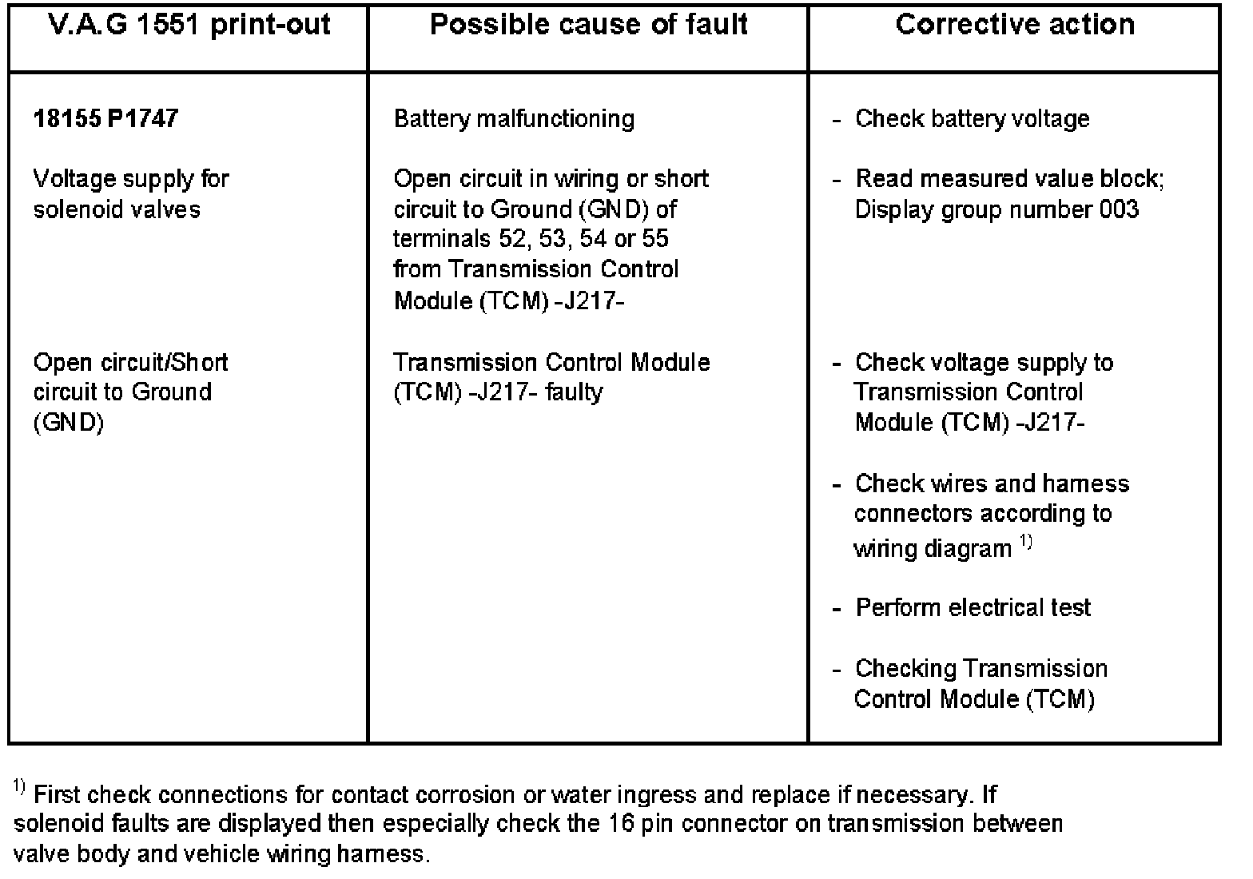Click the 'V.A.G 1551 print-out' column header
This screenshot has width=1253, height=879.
(189, 25)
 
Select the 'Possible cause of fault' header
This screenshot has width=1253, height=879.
(588, 25)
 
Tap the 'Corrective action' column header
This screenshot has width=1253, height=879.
(1015, 25)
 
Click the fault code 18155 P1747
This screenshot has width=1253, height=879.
(105, 119)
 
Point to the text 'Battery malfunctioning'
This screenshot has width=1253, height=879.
(514, 119)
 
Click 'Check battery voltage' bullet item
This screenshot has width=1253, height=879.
(972, 119)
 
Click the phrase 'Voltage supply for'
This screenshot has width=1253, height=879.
(131, 179)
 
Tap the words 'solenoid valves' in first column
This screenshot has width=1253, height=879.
(117, 209)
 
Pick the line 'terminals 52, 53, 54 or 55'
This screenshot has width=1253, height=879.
(531, 239)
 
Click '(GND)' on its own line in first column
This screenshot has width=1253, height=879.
(69, 423)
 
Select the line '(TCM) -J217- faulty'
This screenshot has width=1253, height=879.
(498, 392)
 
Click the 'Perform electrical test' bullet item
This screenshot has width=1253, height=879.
(973, 607)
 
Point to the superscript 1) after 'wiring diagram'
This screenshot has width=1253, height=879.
(1026, 544)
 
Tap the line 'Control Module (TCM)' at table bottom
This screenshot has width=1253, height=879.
(973, 699)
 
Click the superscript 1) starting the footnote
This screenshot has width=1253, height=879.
(21, 789)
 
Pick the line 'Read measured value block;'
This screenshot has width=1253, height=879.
(1009, 179)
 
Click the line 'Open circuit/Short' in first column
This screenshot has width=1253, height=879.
(130, 363)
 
